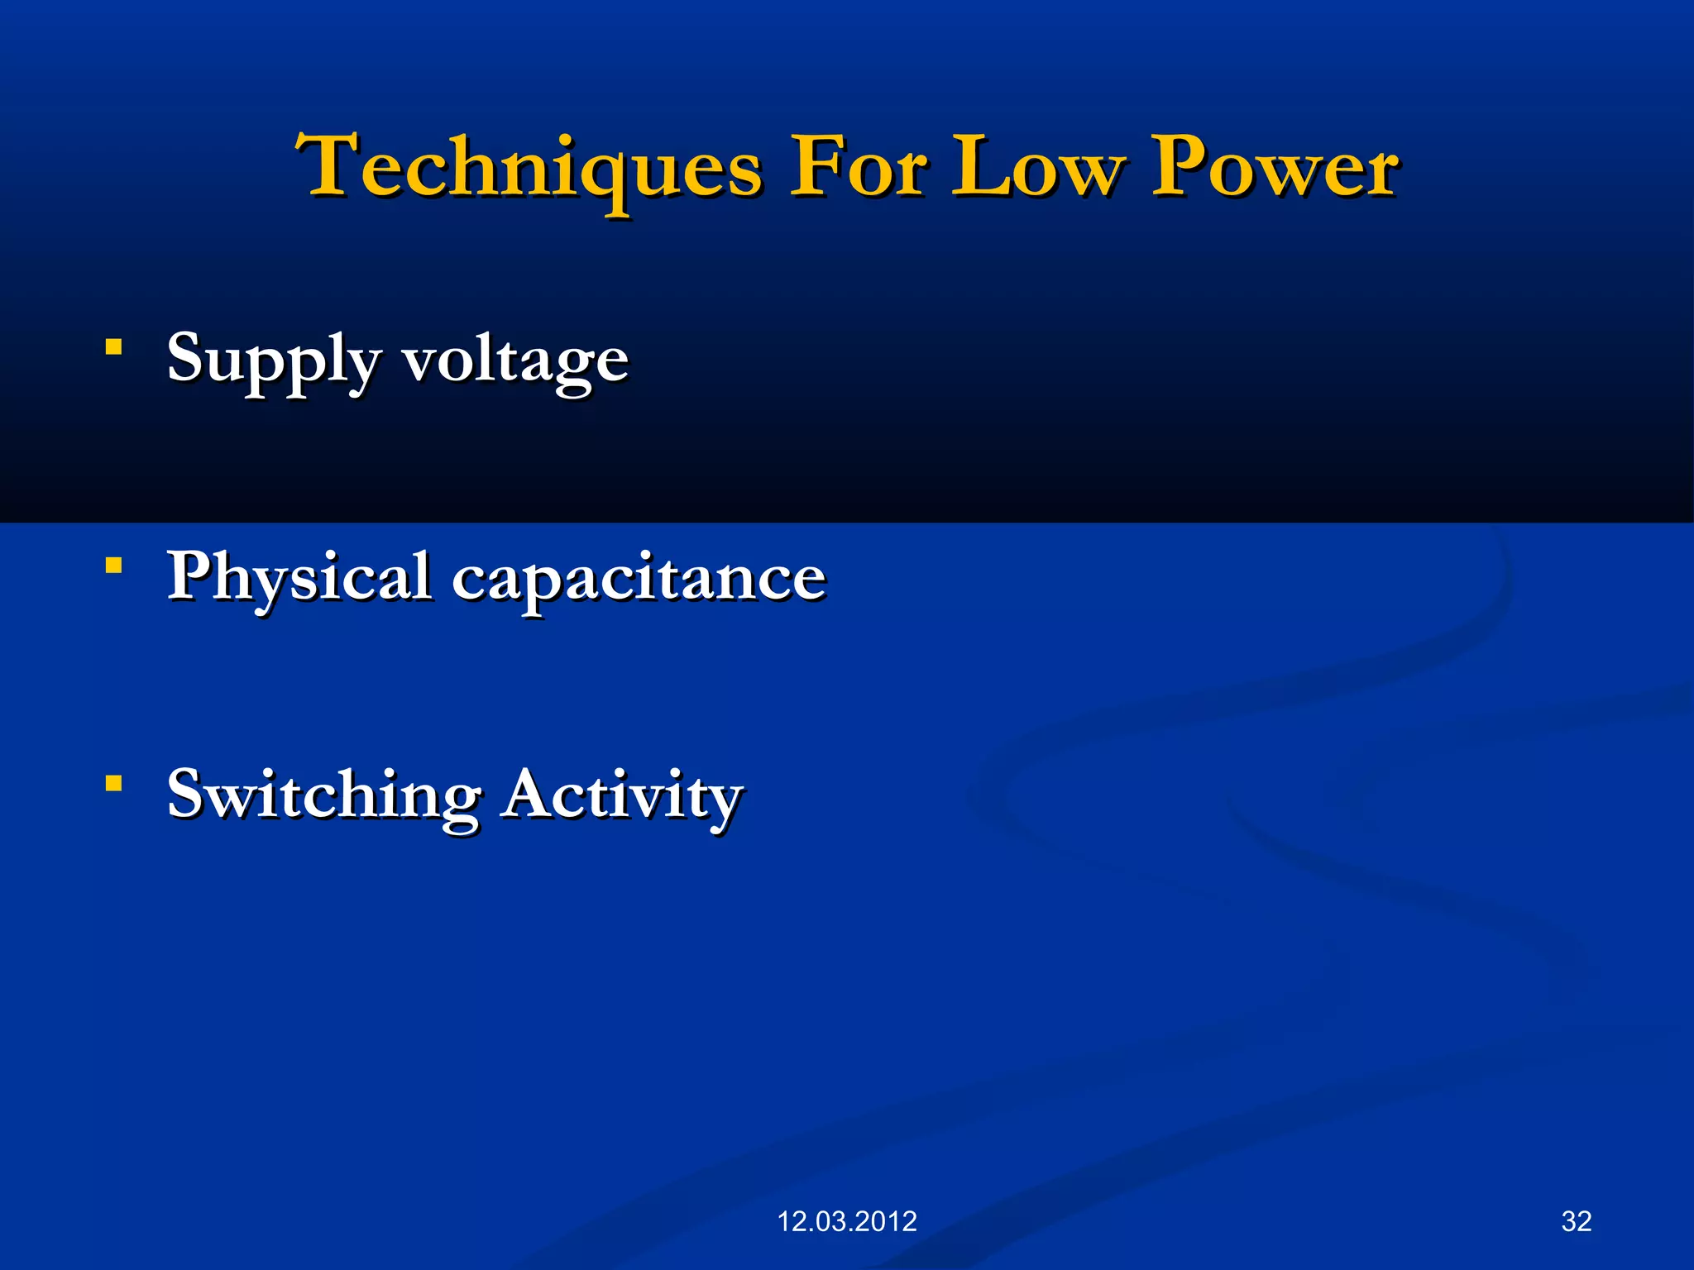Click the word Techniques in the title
[529, 169]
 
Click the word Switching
[323, 795]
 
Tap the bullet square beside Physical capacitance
[114, 566]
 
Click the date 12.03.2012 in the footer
[847, 1221]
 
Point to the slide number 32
[1577, 1221]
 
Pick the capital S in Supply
[187, 357]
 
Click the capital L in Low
[977, 167]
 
